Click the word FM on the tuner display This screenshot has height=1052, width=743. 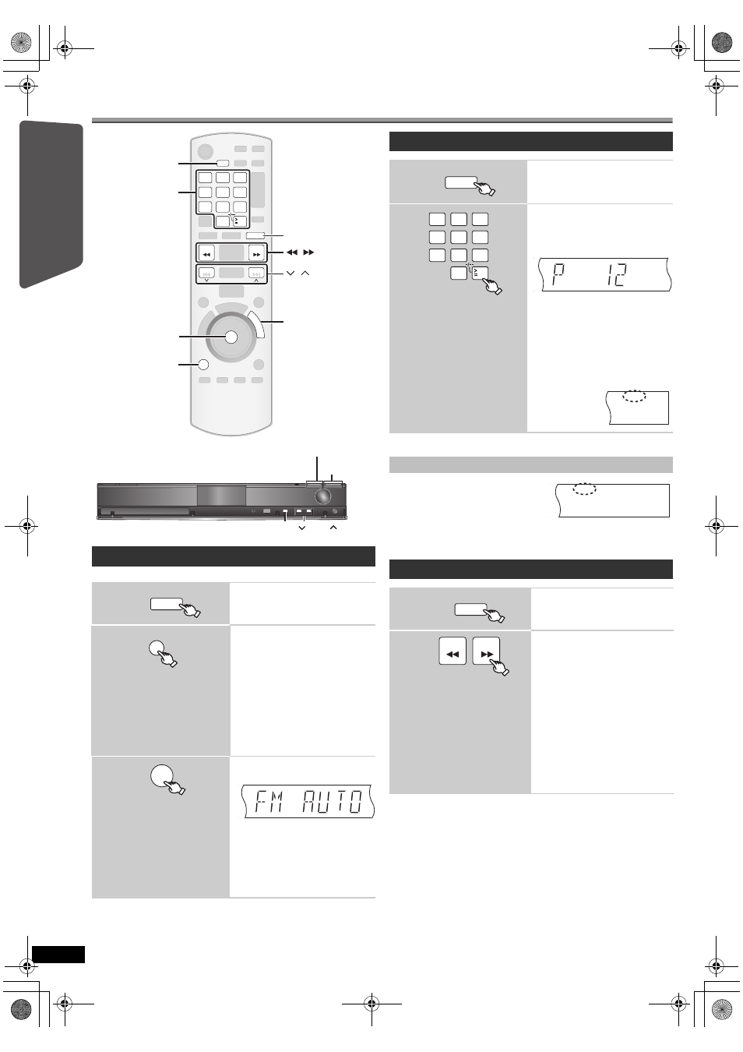[269, 801]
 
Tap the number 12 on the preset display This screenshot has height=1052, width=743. [615, 275]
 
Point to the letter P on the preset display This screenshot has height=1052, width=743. [558, 275]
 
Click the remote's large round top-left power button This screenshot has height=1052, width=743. [205, 151]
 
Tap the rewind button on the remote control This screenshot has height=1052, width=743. [206, 253]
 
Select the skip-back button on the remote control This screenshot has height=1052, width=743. [206, 273]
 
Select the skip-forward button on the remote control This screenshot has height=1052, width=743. [256, 273]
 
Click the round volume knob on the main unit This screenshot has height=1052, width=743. [322, 496]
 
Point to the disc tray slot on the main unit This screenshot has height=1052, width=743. [145, 512]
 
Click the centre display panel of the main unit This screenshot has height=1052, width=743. [221, 496]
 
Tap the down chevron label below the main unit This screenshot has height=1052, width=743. [302, 528]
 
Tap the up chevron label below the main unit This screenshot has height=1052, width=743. [333, 528]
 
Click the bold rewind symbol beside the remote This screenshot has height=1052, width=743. [292, 252]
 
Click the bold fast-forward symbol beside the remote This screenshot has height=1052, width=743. [308, 252]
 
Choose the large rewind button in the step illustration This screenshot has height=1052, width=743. [452, 651]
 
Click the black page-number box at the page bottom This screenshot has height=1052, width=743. [58, 955]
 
